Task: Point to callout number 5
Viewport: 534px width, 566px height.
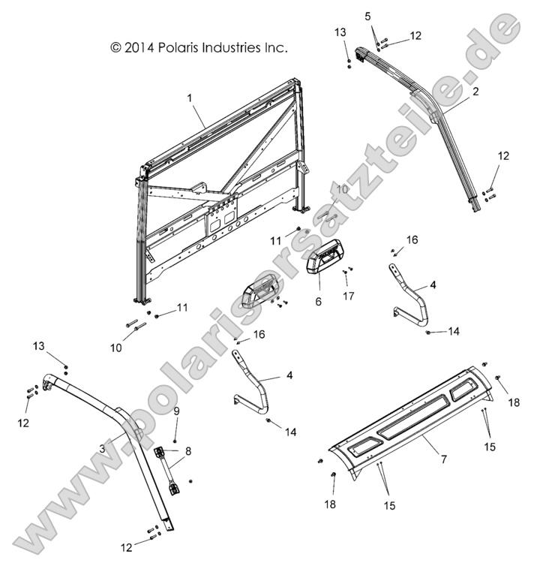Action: click(368, 17)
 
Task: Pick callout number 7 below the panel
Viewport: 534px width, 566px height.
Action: click(443, 458)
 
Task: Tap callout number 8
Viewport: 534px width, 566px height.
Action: click(188, 451)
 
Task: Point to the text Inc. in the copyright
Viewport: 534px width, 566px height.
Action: click(276, 47)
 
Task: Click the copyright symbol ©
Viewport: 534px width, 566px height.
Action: click(115, 47)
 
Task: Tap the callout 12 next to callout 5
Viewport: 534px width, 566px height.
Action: click(415, 35)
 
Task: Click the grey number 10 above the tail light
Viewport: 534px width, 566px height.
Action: click(341, 190)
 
